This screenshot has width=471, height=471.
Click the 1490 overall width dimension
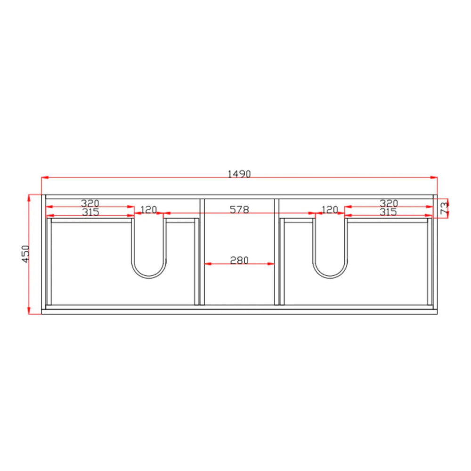click(x=239, y=174)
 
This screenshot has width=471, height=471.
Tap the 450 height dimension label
click(x=26, y=254)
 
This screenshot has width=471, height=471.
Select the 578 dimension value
click(x=239, y=210)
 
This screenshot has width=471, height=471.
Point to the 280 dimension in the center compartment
click(x=239, y=260)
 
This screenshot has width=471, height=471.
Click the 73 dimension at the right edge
click(x=444, y=208)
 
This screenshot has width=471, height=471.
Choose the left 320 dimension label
click(x=90, y=203)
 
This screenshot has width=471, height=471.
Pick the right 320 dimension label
click(x=389, y=203)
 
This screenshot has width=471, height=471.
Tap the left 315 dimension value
click(x=90, y=212)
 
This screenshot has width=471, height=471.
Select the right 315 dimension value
click(x=388, y=212)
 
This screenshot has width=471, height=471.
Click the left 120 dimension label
click(x=149, y=210)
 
